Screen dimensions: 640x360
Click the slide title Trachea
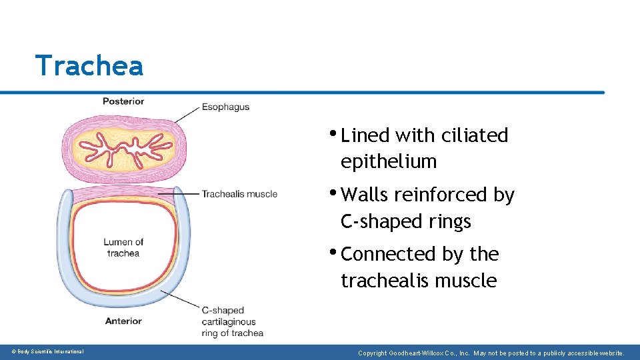click(89, 66)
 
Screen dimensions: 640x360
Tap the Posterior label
click(123, 101)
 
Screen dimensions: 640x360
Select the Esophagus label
click(225, 107)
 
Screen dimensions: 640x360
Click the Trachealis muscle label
click(239, 194)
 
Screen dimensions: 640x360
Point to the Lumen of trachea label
click(123, 247)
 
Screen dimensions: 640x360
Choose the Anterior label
click(123, 321)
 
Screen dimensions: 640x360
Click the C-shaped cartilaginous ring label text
click(232, 321)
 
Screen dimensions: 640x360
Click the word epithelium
click(389, 161)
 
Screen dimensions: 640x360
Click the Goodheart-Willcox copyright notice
click(491, 352)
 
